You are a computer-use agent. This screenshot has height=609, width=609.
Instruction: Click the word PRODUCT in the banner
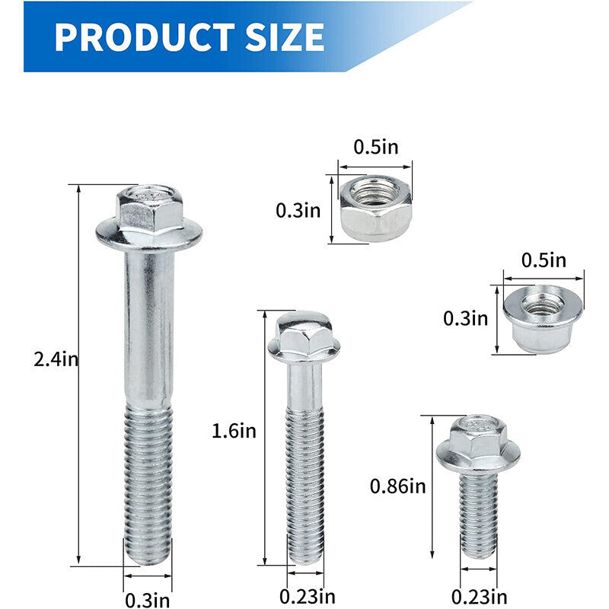[145, 37]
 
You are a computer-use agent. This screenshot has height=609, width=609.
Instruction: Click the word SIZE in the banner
[285, 37]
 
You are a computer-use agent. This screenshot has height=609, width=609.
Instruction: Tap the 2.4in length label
[56, 359]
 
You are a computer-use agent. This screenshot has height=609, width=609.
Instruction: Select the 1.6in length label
[234, 431]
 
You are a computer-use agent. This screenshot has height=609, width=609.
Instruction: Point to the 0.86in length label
[397, 486]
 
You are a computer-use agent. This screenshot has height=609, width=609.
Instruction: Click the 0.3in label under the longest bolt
[148, 599]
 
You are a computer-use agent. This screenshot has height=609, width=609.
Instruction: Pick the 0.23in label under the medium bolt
[308, 596]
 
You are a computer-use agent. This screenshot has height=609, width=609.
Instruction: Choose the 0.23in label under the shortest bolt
[479, 596]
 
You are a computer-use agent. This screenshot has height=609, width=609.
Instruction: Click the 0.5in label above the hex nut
[376, 147]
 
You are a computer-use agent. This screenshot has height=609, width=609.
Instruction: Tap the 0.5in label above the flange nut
[544, 260]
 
